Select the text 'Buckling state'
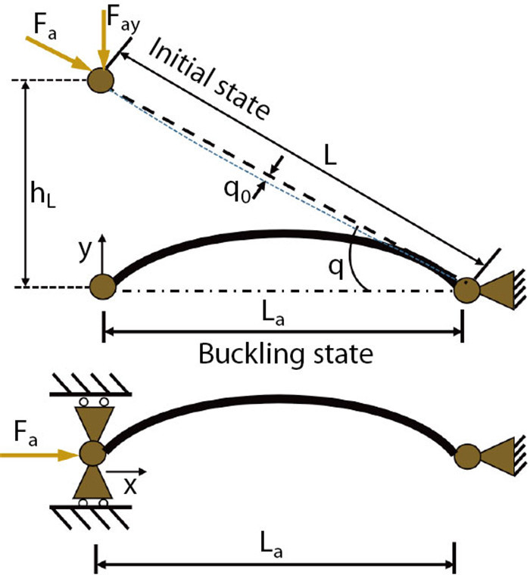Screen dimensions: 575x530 coord(285,354)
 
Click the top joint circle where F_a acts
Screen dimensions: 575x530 coord(101,80)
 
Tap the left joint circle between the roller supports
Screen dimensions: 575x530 coord(93,455)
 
